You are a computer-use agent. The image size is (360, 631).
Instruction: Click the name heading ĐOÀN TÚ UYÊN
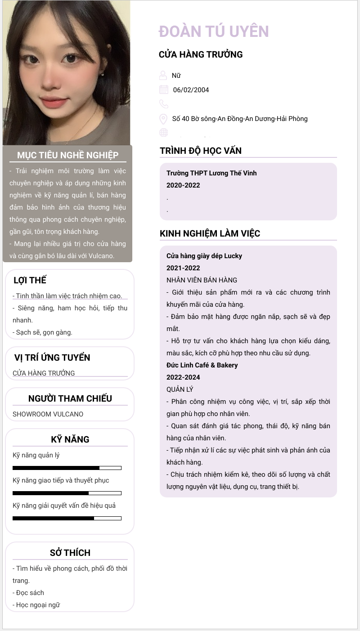(x=214, y=31)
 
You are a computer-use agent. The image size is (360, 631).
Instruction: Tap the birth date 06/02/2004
(x=191, y=90)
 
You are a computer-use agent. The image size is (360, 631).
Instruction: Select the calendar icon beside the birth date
(x=164, y=90)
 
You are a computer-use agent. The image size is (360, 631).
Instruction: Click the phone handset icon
(x=164, y=104)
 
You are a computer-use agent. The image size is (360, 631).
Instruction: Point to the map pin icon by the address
(x=164, y=119)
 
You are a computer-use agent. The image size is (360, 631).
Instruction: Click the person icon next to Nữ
(x=163, y=75)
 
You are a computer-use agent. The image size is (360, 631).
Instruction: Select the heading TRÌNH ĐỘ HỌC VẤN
(x=201, y=151)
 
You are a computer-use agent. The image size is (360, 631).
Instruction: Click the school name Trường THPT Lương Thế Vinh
(x=211, y=173)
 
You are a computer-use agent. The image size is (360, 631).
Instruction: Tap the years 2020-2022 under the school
(x=183, y=185)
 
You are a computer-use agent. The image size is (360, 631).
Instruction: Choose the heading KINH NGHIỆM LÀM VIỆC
(x=210, y=233)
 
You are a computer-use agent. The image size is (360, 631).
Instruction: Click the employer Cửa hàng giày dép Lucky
(x=204, y=256)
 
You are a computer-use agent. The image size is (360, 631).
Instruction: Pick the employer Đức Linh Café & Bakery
(x=202, y=365)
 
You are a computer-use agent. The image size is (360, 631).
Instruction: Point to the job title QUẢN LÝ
(x=180, y=389)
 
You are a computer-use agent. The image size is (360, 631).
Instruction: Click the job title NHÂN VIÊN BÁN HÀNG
(x=202, y=280)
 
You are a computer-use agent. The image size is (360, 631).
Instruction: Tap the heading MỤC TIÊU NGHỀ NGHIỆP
(x=68, y=155)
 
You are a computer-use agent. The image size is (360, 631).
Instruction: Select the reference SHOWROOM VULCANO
(x=48, y=414)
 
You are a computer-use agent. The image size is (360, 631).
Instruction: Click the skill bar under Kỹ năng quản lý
(x=67, y=468)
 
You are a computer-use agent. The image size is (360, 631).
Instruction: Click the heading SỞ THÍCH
(x=70, y=553)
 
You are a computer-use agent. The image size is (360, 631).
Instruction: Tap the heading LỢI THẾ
(x=30, y=280)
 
